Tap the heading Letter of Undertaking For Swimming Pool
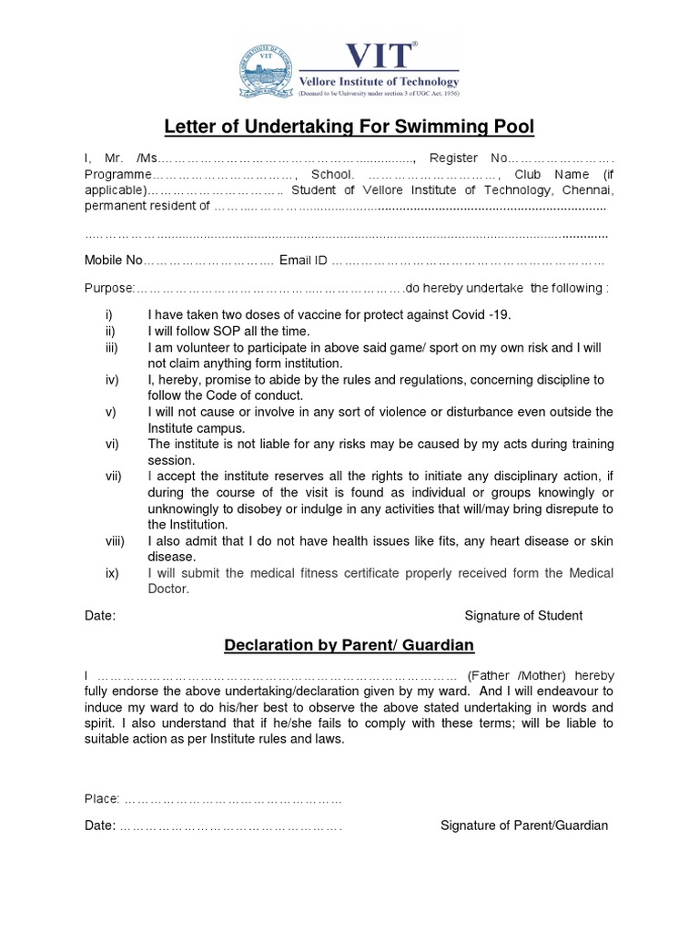(349, 126)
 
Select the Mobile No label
(114, 261)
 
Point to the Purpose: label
(109, 288)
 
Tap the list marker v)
(110, 412)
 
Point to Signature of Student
(523, 616)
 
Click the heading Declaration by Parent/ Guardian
(349, 646)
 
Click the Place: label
(102, 799)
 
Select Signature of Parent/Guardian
(524, 825)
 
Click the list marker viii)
(114, 541)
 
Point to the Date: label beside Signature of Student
(100, 616)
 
